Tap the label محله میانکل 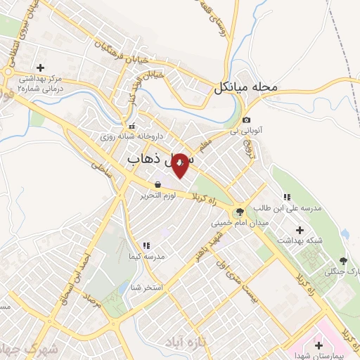coord(247,89)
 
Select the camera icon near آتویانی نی coord(247,120)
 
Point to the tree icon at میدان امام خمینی coord(240,212)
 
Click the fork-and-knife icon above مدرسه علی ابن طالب coord(286,197)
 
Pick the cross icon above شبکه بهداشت coord(300,229)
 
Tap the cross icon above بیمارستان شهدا coord(319,345)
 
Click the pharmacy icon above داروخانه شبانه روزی coord(132,125)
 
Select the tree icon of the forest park coord(343,261)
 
